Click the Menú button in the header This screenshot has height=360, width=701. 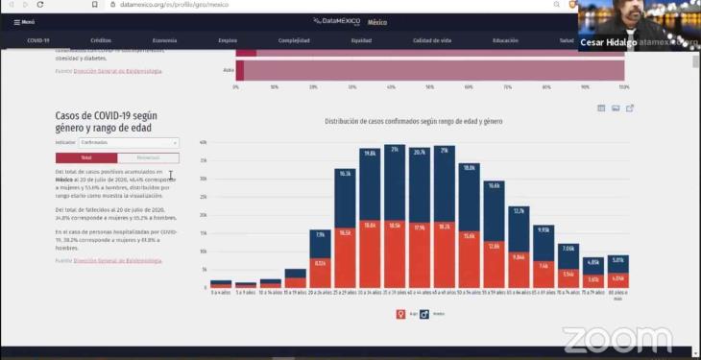(x=24, y=21)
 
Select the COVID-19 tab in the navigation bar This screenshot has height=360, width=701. (x=38, y=41)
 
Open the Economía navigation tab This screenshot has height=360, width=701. (x=164, y=41)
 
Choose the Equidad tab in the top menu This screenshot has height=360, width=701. (x=361, y=41)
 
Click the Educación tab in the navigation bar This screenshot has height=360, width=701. (x=505, y=41)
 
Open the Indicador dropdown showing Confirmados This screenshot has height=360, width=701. (x=129, y=142)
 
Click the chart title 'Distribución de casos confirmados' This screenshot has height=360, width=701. (x=413, y=122)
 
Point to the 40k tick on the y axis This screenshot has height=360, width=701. (x=203, y=142)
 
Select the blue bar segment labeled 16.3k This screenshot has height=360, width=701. (x=346, y=197)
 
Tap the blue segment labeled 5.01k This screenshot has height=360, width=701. (x=618, y=263)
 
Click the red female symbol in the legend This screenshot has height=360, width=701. (x=401, y=313)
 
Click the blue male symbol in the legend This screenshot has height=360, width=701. (x=423, y=313)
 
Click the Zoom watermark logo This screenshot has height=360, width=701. (x=616, y=339)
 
